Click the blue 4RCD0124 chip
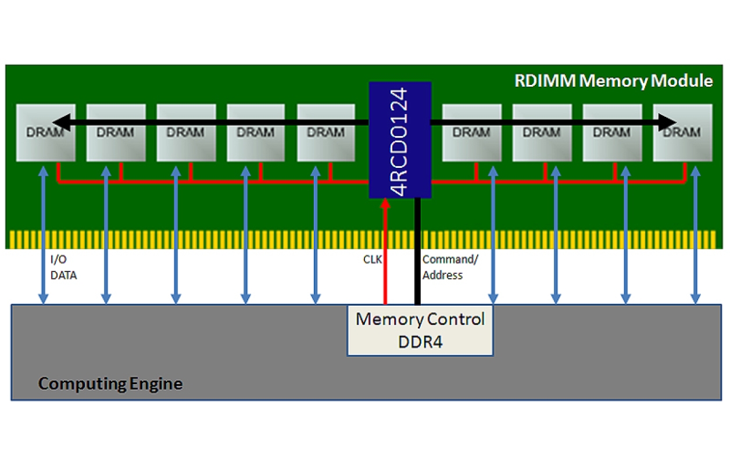[400, 139]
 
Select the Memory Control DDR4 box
[420, 330]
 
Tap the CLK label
[373, 259]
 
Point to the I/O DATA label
[63, 268]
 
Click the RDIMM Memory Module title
[613, 80]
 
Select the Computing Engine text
[110, 384]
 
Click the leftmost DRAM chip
[45, 133]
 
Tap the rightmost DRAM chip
[682, 133]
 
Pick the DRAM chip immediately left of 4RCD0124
[325, 133]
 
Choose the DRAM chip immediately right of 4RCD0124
[471, 133]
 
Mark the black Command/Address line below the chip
[417, 250]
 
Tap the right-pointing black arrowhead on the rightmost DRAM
[668, 122]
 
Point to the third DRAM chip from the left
[186, 133]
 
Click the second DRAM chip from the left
[116, 133]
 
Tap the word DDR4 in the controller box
[420, 342]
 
